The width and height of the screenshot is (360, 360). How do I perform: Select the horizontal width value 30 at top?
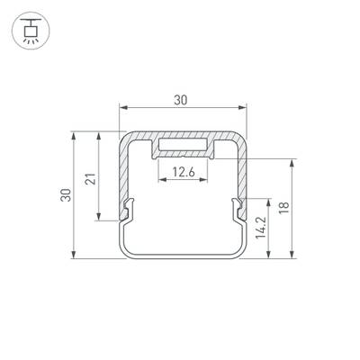point(181,101)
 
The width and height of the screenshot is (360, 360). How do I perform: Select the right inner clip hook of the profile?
point(238,210)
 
